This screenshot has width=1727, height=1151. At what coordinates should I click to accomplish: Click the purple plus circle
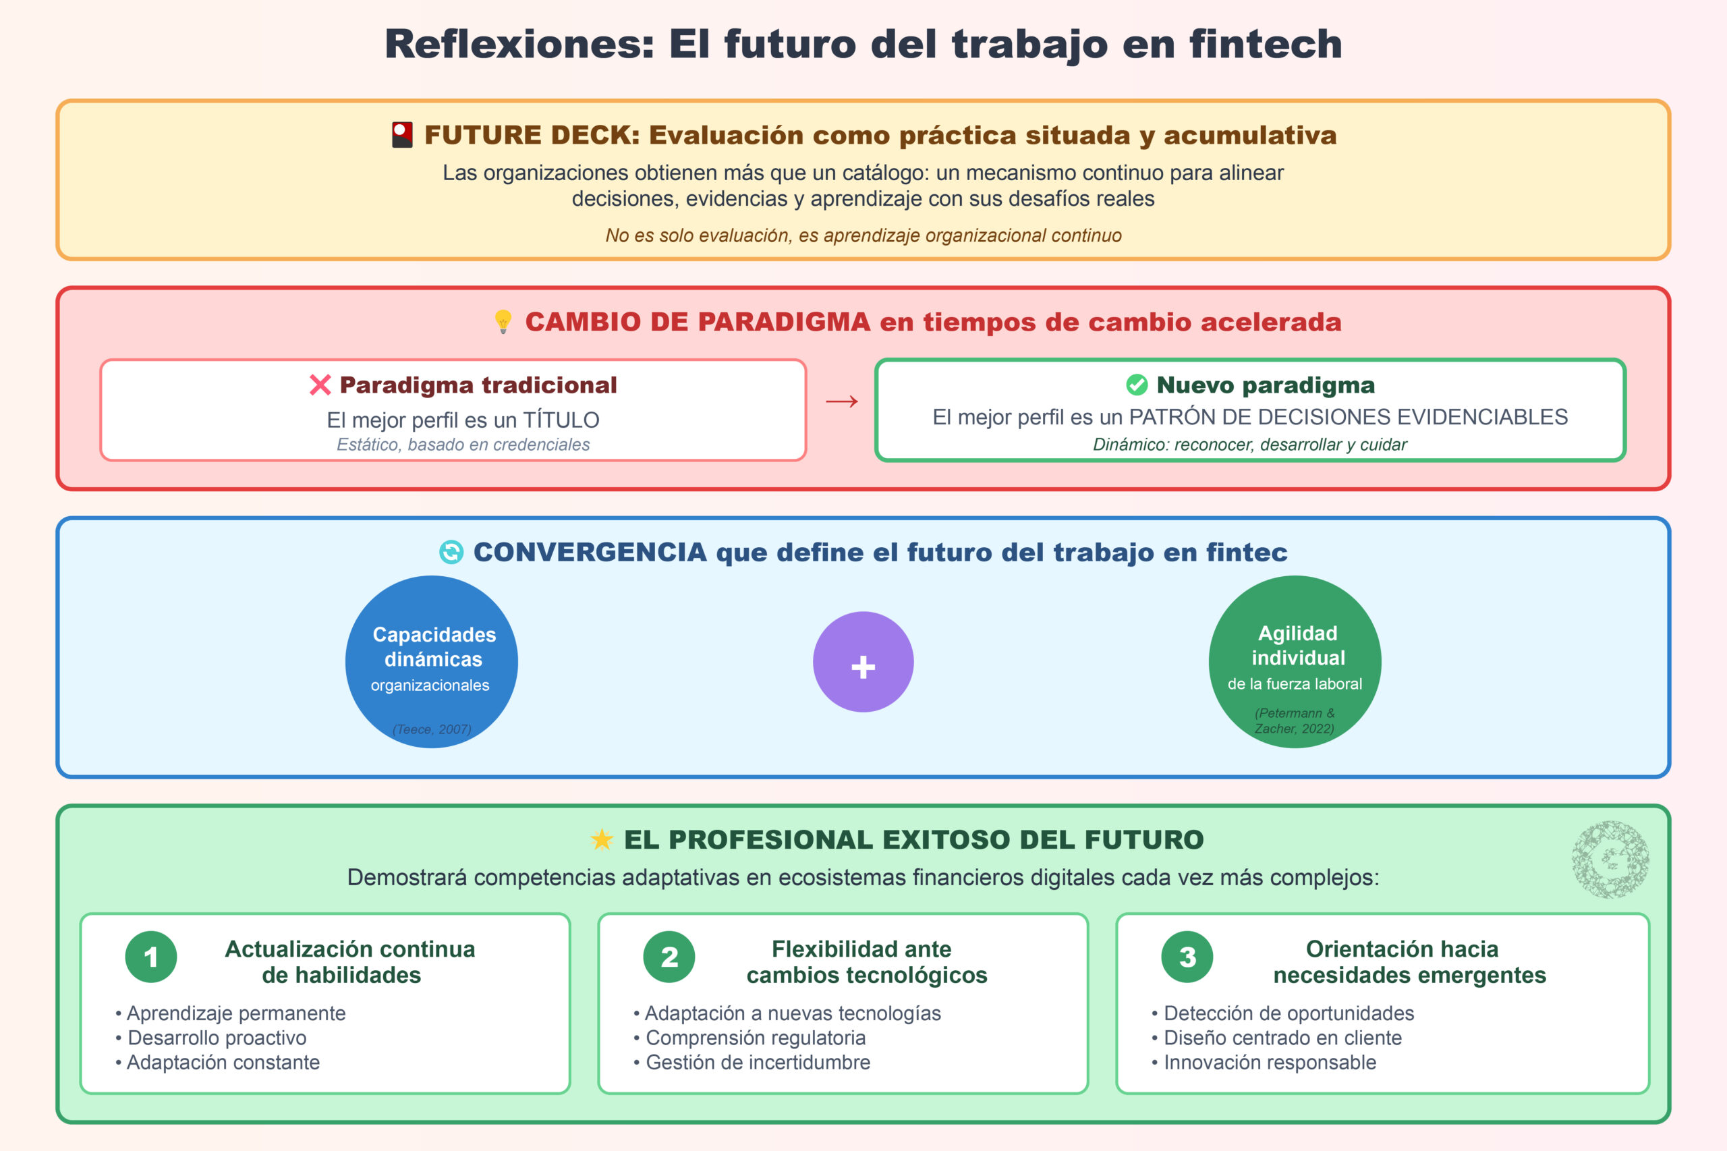pyautogui.click(x=863, y=662)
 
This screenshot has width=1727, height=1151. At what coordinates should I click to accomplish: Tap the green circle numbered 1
pyautogui.click(x=151, y=957)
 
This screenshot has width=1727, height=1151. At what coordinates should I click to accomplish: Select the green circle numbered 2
pyautogui.click(x=669, y=957)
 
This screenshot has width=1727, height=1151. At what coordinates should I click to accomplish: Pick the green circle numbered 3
pyautogui.click(x=1187, y=957)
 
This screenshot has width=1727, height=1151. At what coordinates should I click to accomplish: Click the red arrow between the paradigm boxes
pyautogui.click(x=842, y=401)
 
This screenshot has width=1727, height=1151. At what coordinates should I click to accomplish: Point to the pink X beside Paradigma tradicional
pyautogui.click(x=320, y=385)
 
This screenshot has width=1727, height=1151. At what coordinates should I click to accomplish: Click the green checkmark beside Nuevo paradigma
pyautogui.click(x=1136, y=385)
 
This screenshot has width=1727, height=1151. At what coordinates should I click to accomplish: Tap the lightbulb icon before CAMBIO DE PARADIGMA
pyautogui.click(x=503, y=322)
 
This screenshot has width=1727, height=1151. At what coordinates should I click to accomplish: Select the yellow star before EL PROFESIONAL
pyautogui.click(x=602, y=839)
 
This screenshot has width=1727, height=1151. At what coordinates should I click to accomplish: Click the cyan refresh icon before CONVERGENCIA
pyautogui.click(x=451, y=552)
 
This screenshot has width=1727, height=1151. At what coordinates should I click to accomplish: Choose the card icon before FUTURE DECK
pyautogui.click(x=402, y=135)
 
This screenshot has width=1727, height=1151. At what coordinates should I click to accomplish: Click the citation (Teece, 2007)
pyautogui.click(x=432, y=729)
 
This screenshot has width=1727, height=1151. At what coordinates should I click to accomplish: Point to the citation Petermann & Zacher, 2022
pyautogui.click(x=1295, y=721)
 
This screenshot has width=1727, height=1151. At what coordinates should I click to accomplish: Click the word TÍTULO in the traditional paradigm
pyautogui.click(x=561, y=420)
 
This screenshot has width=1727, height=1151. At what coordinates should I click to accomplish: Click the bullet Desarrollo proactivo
pyautogui.click(x=217, y=1037)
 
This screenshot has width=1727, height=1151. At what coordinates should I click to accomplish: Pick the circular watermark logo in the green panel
pyautogui.click(x=1610, y=860)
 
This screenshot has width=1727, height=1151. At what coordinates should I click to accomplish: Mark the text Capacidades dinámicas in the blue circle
pyautogui.click(x=434, y=647)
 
